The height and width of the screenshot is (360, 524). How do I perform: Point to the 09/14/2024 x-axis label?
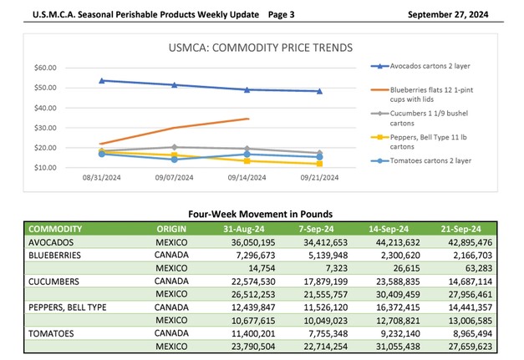pyautogui.click(x=247, y=177)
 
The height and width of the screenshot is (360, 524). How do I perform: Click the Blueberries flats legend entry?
pyautogui.click(x=439, y=91)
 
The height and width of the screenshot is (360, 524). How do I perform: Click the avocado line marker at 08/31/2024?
pyautogui.click(x=102, y=80)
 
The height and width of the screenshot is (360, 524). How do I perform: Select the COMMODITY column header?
pyautogui.click(x=55, y=228)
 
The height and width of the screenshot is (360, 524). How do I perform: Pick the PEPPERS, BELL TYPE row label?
pyautogui.click(x=68, y=308)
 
